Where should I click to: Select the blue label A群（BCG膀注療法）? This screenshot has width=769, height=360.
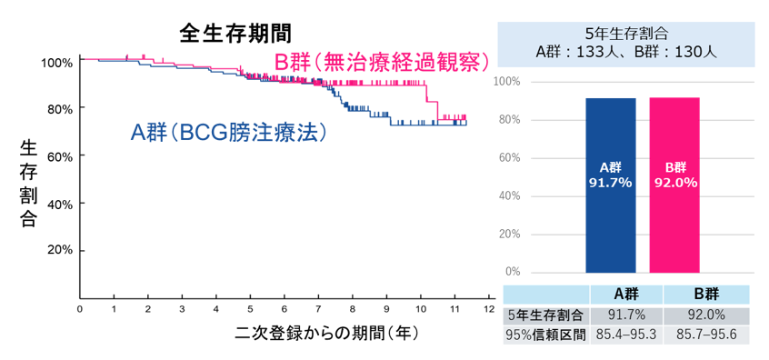[x=228, y=133]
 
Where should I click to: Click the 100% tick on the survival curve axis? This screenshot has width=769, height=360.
[x=56, y=62]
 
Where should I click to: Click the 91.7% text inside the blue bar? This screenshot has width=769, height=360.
[x=610, y=183]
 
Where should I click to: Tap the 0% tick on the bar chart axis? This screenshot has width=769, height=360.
[x=513, y=272]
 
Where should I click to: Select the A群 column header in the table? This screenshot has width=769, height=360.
[x=624, y=294]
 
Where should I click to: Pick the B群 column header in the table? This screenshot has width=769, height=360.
[x=704, y=294]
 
